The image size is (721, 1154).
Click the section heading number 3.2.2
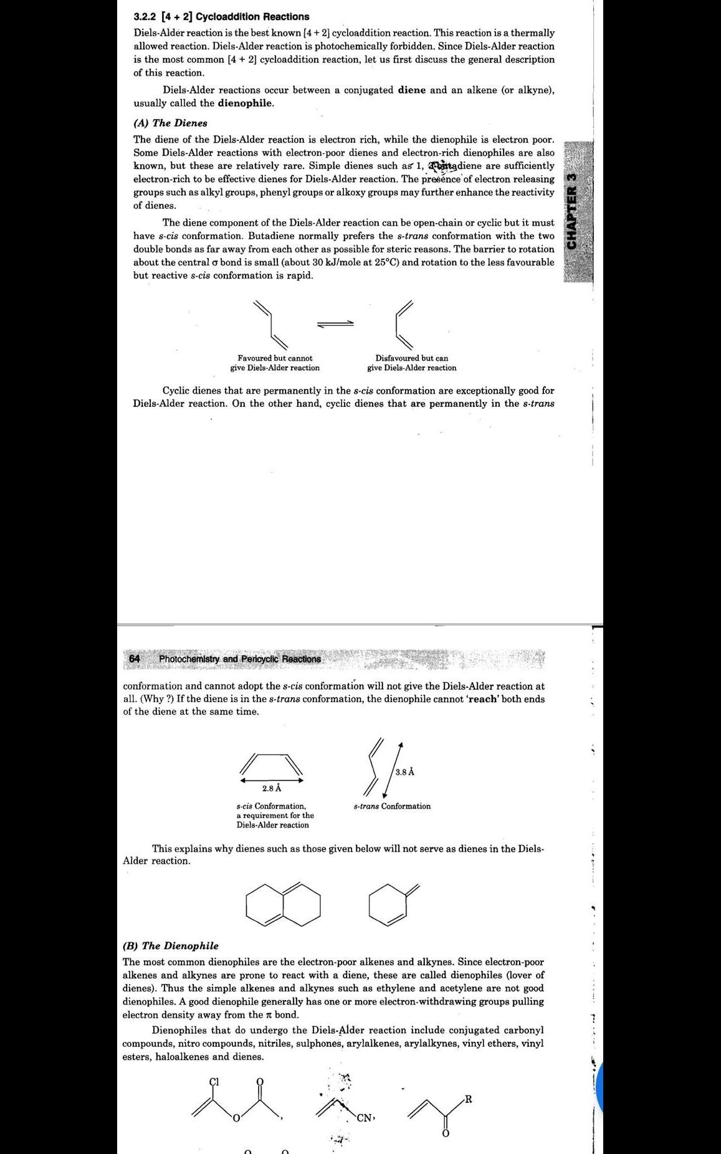145,17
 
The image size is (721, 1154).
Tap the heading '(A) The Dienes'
170,123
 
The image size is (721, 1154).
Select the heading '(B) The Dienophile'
171,946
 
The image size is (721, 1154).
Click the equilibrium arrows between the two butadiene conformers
335,323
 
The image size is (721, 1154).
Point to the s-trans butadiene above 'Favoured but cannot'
271,325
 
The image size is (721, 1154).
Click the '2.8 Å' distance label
272,789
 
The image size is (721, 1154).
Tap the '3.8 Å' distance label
404,772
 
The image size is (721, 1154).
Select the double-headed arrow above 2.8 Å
272,780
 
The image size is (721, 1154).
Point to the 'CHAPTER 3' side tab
578,212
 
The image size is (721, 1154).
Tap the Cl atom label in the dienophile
214,1081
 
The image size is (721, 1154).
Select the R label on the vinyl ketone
468,1099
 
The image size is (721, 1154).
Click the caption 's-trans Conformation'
392,806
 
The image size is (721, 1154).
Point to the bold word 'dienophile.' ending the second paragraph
246,103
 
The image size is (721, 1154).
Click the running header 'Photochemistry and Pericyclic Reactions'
240,659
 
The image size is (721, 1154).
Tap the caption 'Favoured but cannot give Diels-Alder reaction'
275,363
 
